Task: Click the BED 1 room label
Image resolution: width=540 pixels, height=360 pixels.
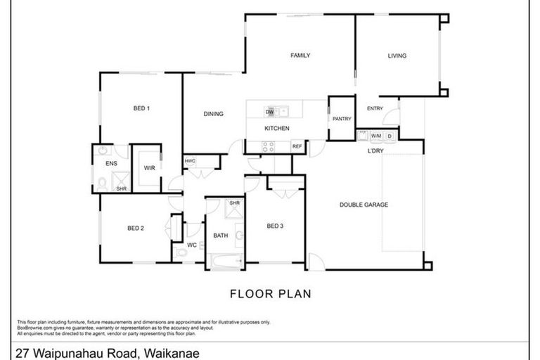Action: coord(142,108)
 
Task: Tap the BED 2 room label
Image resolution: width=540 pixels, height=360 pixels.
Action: coord(136,228)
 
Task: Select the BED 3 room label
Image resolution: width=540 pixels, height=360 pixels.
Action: coord(275,226)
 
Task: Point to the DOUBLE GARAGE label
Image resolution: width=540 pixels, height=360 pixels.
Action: coord(364,205)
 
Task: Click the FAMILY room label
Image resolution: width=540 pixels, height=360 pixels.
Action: coord(301,56)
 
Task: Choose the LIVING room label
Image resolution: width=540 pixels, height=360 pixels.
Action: coord(397,56)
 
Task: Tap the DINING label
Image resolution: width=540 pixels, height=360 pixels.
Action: coord(213,114)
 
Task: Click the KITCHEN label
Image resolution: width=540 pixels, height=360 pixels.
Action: coord(277,129)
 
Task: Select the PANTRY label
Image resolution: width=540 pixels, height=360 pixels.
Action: coord(342,119)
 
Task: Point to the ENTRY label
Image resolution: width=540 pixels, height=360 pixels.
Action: coord(375,108)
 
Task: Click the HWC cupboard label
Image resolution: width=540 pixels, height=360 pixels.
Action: coord(190,161)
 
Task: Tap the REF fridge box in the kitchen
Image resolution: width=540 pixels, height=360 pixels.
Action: coord(297,146)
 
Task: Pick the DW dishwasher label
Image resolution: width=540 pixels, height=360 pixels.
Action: coord(269,112)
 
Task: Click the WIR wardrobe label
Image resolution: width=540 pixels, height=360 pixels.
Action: coord(149,168)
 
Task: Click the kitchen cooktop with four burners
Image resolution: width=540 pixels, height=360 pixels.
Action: coord(269,147)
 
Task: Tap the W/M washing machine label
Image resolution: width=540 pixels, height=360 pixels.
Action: coord(376,136)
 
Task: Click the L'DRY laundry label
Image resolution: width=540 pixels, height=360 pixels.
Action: coord(375,150)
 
